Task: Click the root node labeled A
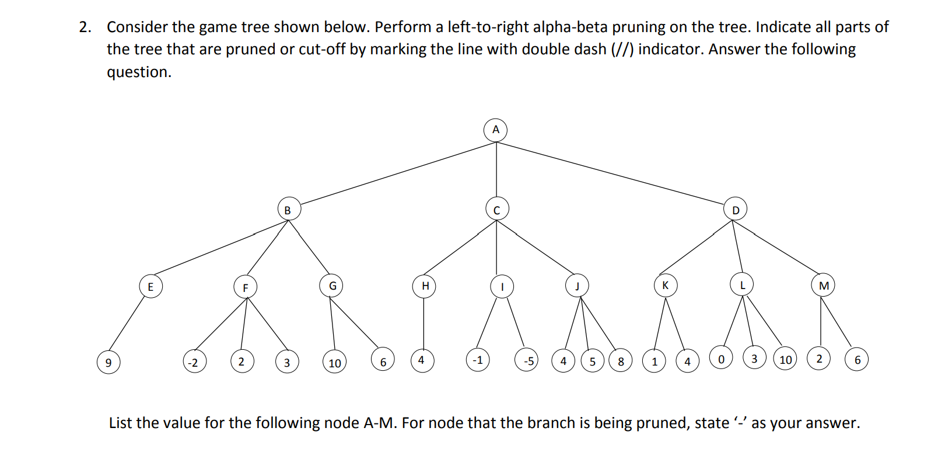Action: pyautogui.click(x=495, y=130)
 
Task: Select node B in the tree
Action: pyautogui.click(x=288, y=209)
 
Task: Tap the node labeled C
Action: pyautogui.click(x=496, y=209)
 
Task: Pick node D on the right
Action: pyautogui.click(x=735, y=210)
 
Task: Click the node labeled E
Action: pyautogui.click(x=150, y=286)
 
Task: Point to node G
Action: pyautogui.click(x=332, y=286)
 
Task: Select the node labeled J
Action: pyautogui.click(x=577, y=286)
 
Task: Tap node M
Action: pyautogui.click(x=823, y=285)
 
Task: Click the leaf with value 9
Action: pyautogui.click(x=108, y=362)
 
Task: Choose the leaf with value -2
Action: pyautogui.click(x=194, y=362)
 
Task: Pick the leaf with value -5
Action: pyautogui.click(x=528, y=361)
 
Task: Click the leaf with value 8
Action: pyautogui.click(x=620, y=361)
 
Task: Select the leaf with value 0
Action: pyautogui.click(x=721, y=359)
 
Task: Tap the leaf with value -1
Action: pyautogui.click(x=478, y=360)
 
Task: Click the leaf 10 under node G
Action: pyautogui.click(x=334, y=363)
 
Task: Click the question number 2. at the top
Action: pyautogui.click(x=86, y=27)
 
